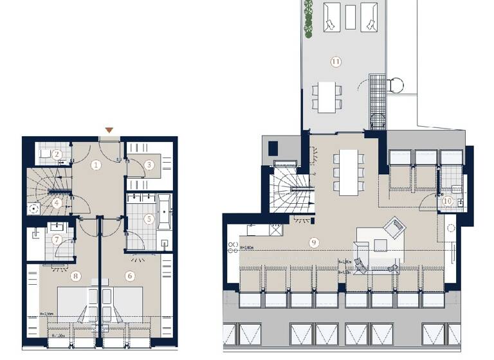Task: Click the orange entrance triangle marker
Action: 109,130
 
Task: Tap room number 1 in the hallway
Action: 96,165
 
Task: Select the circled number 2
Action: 57,154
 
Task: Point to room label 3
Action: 149,165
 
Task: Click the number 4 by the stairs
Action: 57,203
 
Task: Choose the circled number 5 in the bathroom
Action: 149,219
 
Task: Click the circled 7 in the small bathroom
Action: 57,240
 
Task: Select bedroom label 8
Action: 77,276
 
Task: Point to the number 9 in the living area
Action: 314,242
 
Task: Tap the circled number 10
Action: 447,201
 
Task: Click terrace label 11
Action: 335,62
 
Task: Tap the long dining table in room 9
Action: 349,172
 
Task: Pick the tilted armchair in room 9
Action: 394,227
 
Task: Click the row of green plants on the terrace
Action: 309,15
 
